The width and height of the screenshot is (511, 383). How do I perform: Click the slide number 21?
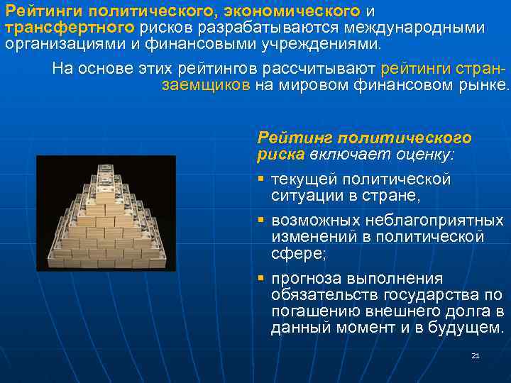[476, 355]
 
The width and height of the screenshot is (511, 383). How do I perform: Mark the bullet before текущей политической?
[261, 179]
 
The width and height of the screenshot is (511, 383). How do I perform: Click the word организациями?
[53, 44]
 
